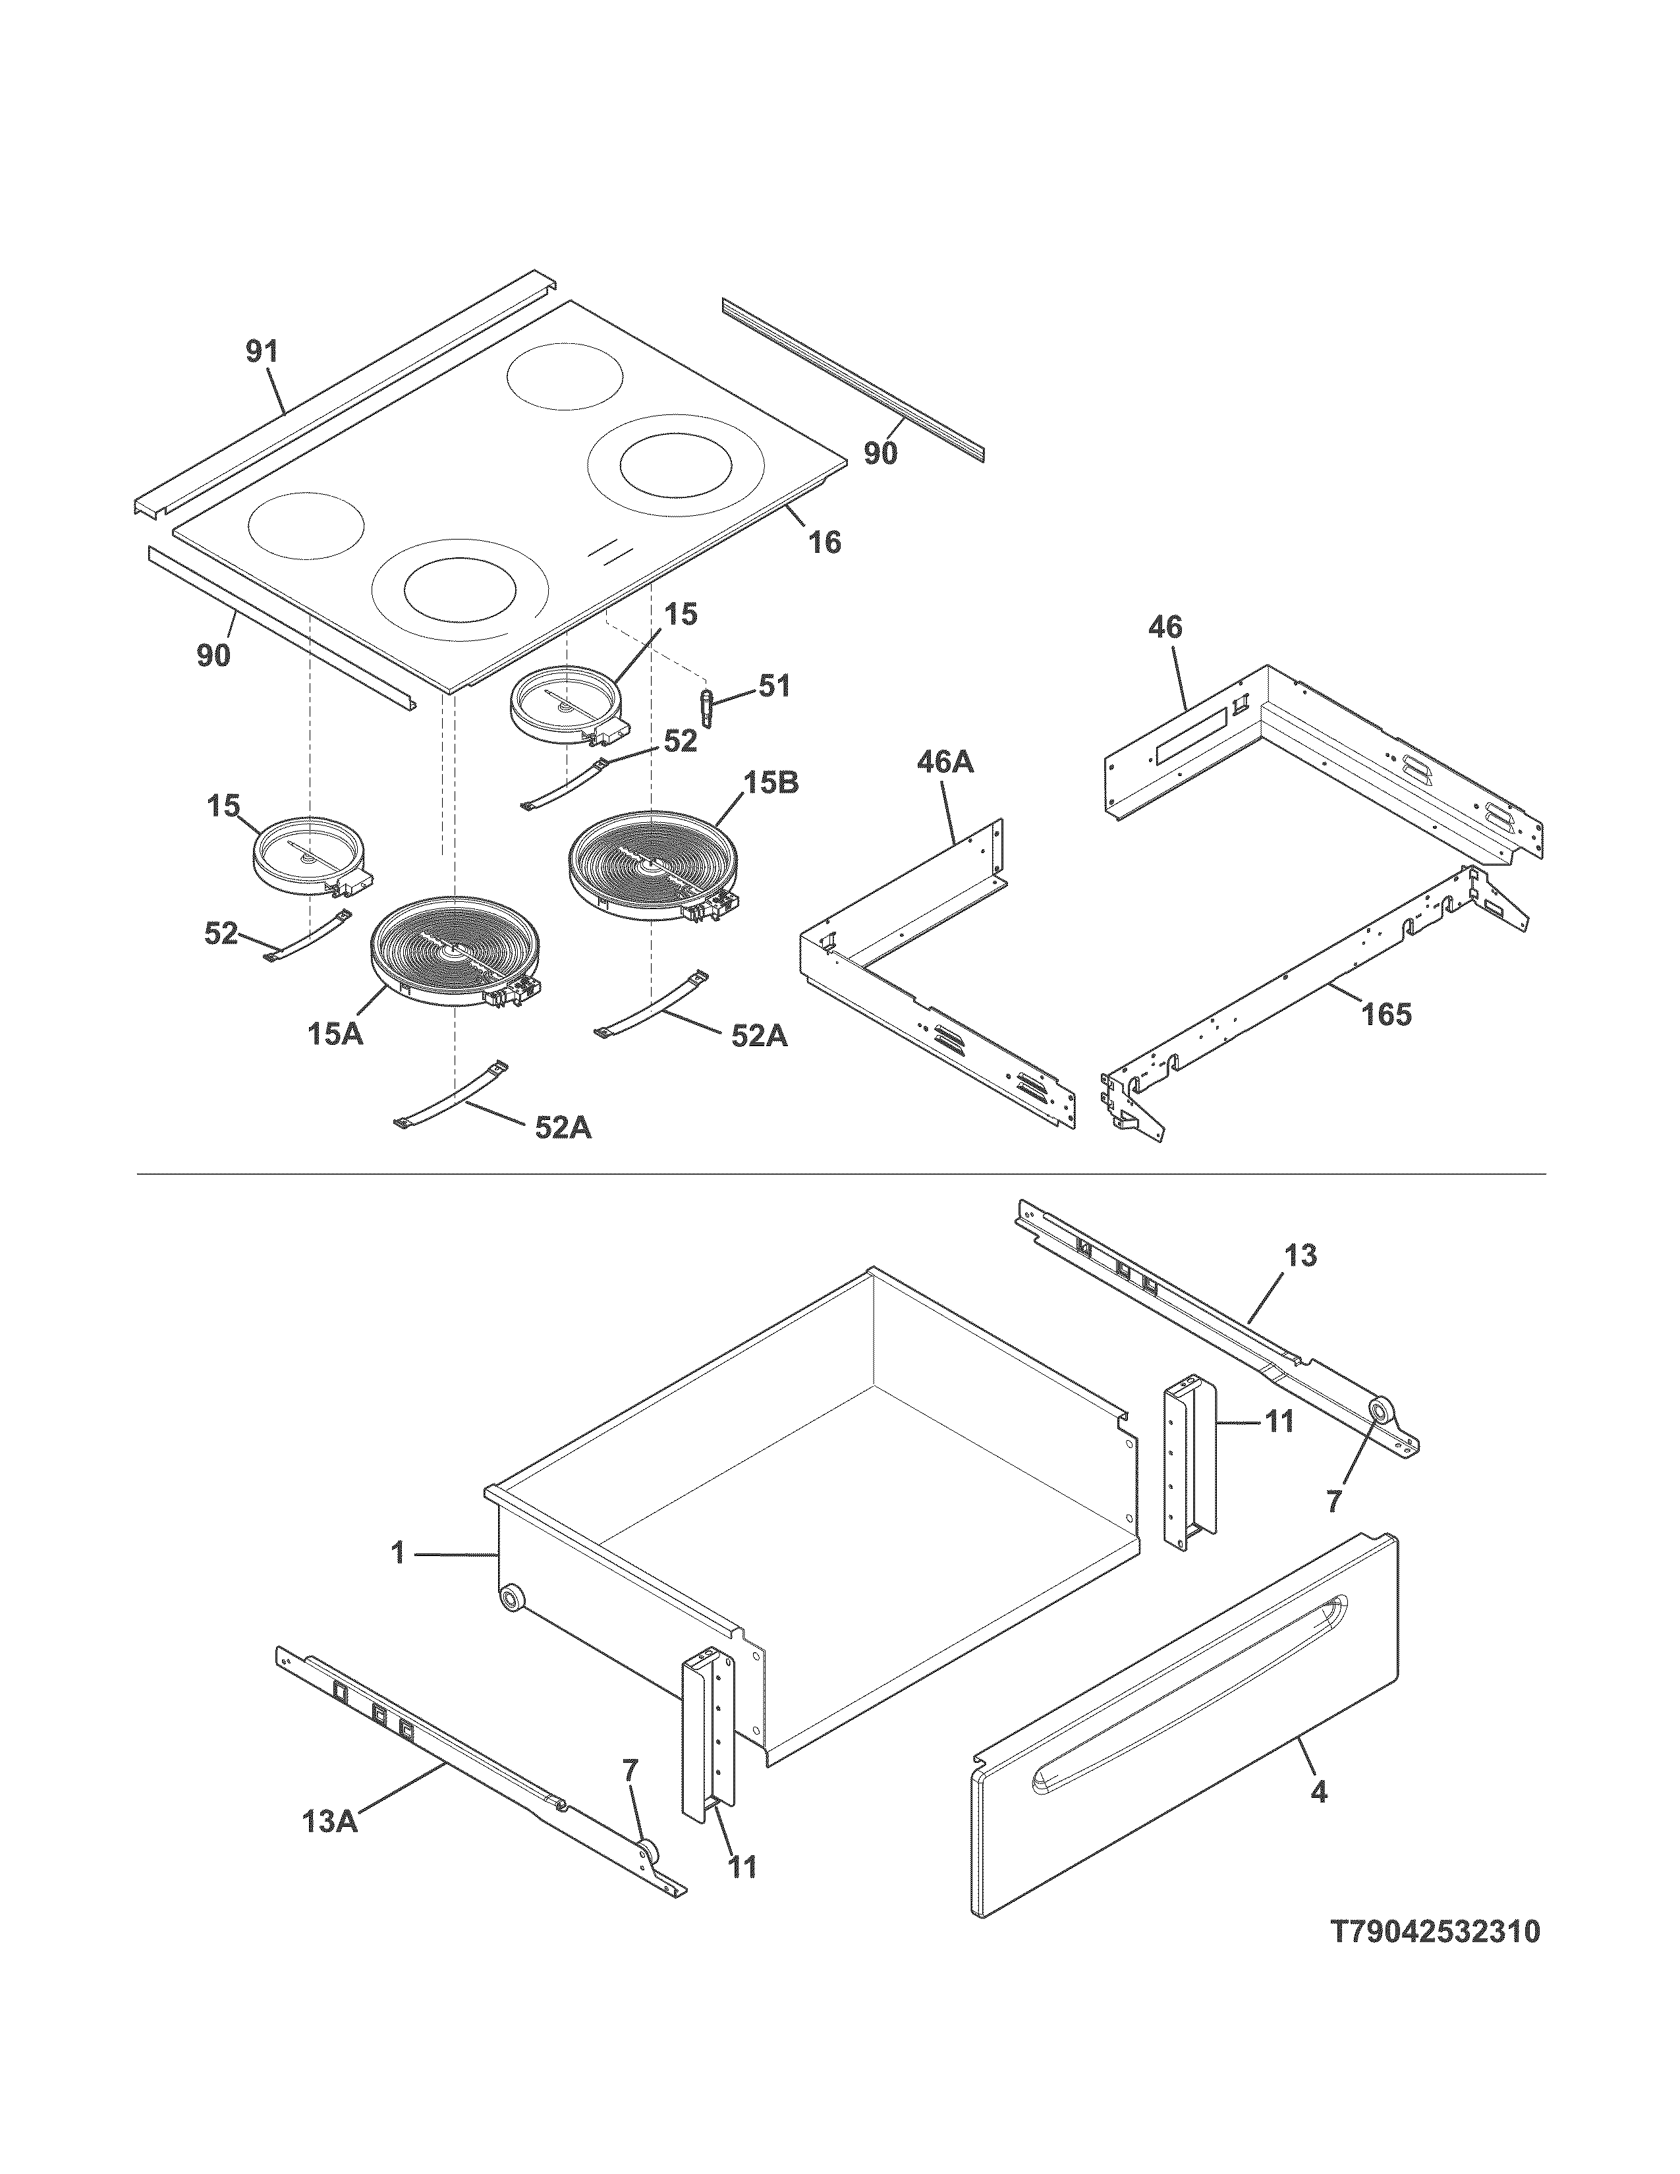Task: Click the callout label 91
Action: [x=263, y=352]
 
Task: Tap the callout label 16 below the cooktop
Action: [x=825, y=542]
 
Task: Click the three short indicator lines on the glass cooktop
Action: [x=609, y=551]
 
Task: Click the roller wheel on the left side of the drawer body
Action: [x=511, y=1600]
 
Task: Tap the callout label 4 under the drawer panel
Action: [x=1319, y=1792]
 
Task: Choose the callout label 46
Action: [x=1165, y=627]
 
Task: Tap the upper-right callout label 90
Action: [x=880, y=454]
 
